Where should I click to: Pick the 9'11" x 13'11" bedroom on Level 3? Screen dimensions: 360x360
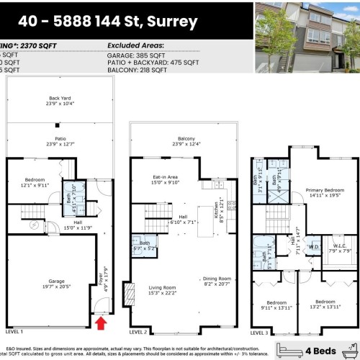(x=275, y=304)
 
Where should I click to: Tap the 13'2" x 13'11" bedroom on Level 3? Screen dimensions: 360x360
(x=325, y=304)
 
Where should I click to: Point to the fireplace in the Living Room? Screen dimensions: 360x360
(x=129, y=293)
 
